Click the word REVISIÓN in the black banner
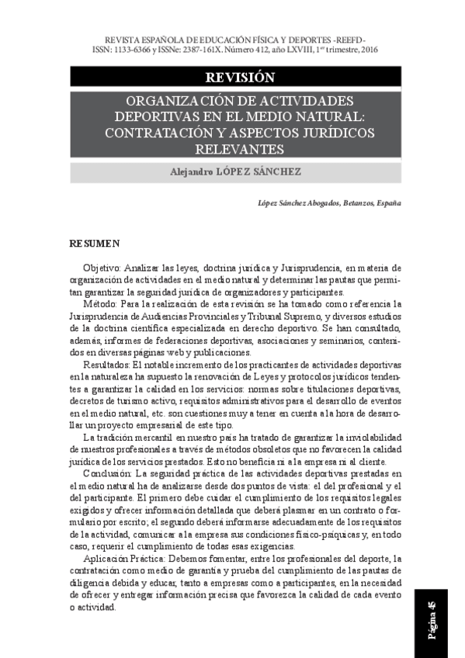(240, 77)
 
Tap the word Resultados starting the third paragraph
(106, 364)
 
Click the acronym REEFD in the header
(350, 37)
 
